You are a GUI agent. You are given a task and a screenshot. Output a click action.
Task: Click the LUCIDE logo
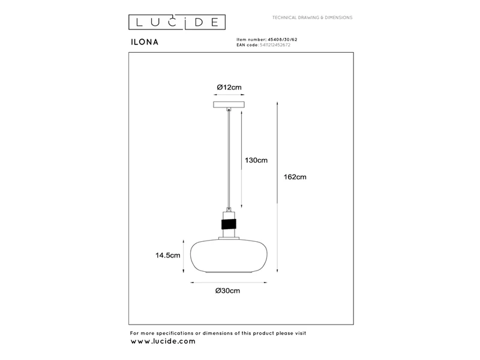tap(177, 22)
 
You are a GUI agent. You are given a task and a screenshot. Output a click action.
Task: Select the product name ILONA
tap(145, 42)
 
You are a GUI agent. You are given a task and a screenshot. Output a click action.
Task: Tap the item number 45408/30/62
tap(283, 40)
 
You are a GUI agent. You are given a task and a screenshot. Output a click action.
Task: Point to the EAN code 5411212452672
tap(275, 44)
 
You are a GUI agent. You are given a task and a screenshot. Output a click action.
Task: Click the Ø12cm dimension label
tap(229, 87)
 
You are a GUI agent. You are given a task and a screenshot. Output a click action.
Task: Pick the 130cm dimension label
tap(256, 160)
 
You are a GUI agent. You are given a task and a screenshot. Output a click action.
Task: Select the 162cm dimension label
tap(295, 177)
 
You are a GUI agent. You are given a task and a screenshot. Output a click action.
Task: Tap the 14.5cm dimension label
tap(168, 256)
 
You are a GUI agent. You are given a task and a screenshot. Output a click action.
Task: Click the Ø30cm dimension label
tap(227, 291)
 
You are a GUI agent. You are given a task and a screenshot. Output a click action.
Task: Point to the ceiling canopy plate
tap(229, 104)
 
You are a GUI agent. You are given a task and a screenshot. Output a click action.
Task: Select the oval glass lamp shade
tap(229, 257)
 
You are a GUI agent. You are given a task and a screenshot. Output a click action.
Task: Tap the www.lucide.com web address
tap(163, 341)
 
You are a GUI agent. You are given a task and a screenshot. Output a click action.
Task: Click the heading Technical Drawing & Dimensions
tap(312, 18)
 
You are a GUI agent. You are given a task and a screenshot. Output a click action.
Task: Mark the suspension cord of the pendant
tap(229, 159)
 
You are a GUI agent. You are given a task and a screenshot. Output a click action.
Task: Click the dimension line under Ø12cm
tap(229, 95)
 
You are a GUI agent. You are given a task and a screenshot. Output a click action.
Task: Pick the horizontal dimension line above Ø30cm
tap(229, 283)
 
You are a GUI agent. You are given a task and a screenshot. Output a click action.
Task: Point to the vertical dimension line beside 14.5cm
tap(184, 256)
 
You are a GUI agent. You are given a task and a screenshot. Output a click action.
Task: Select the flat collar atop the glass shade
tap(229, 238)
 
